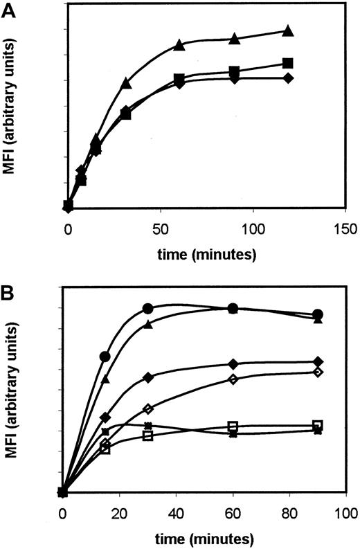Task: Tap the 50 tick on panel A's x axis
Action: tap(161, 228)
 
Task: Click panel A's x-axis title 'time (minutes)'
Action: tap(205, 254)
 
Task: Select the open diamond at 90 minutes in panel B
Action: tap(318, 372)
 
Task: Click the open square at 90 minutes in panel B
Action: tap(318, 425)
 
